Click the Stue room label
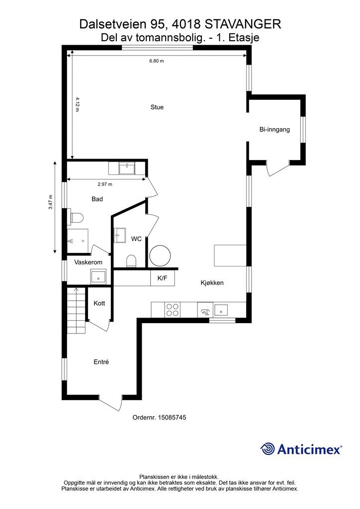pos(157,107)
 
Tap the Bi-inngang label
pos(274,130)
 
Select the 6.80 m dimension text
pos(157,61)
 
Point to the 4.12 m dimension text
pos(77,104)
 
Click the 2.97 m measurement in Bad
pos(105,184)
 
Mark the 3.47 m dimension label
pos(51,202)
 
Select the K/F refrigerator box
pos(162,278)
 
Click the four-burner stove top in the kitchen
pos(173,310)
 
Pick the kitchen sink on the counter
pos(221,310)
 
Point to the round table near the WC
pos(160,256)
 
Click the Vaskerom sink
pos(98,277)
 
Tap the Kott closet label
pos(99,304)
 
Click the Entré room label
pos(101,362)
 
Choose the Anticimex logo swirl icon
pos(268,449)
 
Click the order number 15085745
pos(172,418)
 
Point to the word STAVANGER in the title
pos(244,24)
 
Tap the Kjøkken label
pos(212,283)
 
